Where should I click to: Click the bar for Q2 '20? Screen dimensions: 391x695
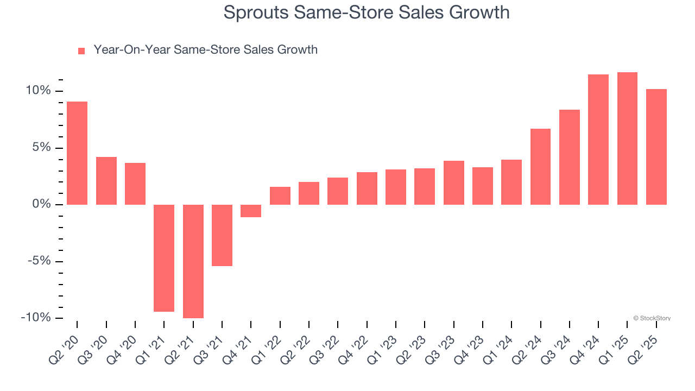[77, 153]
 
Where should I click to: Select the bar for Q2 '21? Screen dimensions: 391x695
[193, 261]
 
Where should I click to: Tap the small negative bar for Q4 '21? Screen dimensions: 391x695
[251, 211]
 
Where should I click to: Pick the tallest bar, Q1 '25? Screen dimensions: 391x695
[627, 138]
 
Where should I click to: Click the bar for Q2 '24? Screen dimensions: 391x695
[540, 167]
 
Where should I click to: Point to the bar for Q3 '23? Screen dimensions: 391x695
[453, 182]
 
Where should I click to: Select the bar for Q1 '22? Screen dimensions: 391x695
[280, 195]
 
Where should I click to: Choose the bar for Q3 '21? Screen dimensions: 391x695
[222, 235]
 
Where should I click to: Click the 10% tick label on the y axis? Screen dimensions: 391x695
[37, 91]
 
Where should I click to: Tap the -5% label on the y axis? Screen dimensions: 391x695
[39, 261]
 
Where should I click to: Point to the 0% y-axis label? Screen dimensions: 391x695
[41, 204]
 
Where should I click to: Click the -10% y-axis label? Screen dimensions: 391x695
[36, 318]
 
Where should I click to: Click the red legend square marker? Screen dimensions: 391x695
[81, 51]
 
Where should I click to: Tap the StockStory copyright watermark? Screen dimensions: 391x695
[652, 318]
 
